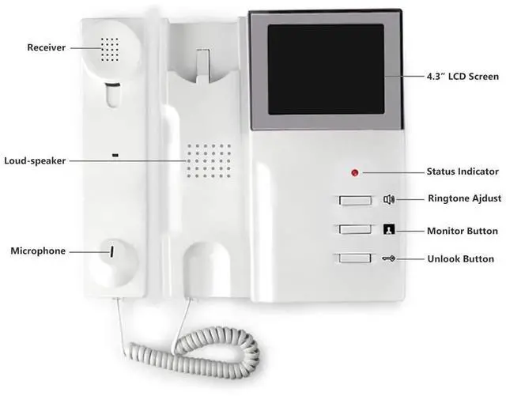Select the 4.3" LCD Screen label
[462, 77]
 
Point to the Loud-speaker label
[34, 160]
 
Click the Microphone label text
[37, 251]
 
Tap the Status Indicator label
[463, 171]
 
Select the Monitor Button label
[463, 231]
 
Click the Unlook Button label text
[460, 258]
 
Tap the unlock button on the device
[354, 258]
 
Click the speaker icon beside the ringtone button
[389, 200]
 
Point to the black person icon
[389, 230]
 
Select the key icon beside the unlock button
[389, 258]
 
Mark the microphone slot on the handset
[111, 251]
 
